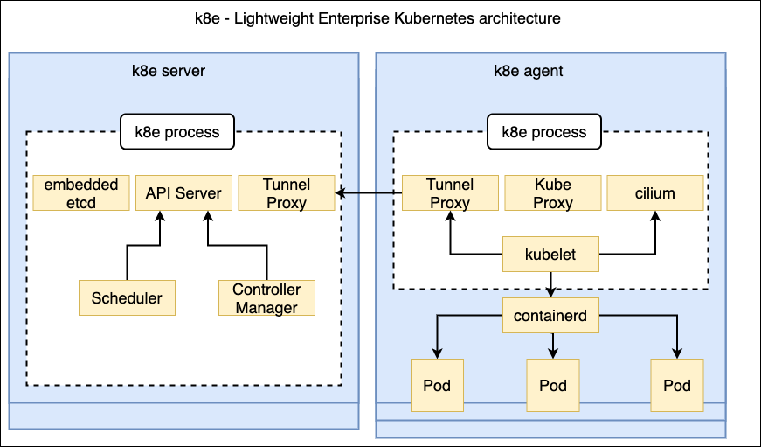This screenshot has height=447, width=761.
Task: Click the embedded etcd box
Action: [x=80, y=193]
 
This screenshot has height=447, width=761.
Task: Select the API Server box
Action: [x=183, y=193]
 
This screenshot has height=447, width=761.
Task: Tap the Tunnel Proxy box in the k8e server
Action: [x=286, y=193]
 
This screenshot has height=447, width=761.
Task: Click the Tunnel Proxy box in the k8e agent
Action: [x=449, y=193]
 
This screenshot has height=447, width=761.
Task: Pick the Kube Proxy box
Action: [x=552, y=193]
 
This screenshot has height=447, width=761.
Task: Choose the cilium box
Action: [x=655, y=193]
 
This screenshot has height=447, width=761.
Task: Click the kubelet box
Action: [x=551, y=255]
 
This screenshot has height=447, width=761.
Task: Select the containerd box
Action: [x=551, y=316]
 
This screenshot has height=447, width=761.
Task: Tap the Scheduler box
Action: [x=127, y=297]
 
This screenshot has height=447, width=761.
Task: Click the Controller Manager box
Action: [x=266, y=297]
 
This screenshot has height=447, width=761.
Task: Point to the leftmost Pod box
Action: [x=436, y=386]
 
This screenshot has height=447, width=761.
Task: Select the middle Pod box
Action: [x=553, y=386]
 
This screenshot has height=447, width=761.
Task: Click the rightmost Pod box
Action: [x=677, y=386]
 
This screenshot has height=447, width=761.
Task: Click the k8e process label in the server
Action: [x=176, y=132]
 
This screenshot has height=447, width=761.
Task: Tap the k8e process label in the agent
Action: [x=543, y=132]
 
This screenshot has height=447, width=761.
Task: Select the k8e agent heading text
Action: [x=529, y=71]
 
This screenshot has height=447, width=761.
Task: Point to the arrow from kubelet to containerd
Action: [x=551, y=285]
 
